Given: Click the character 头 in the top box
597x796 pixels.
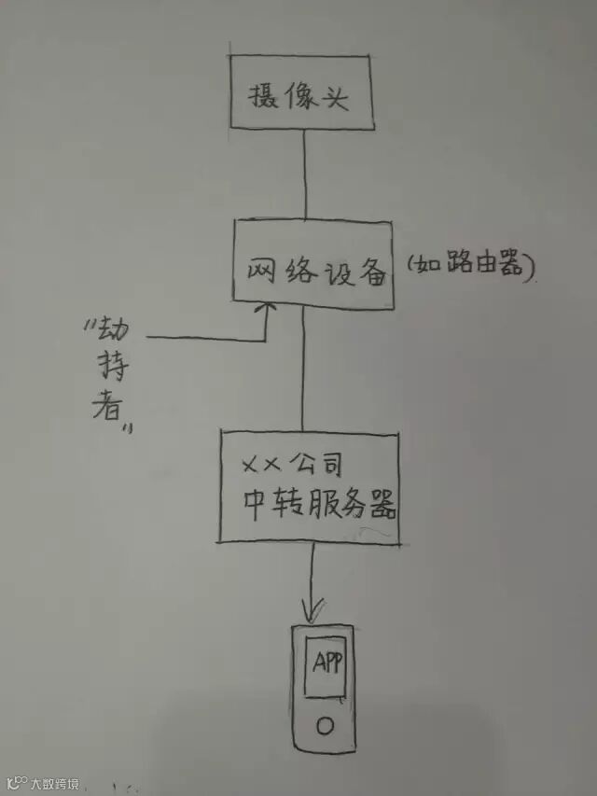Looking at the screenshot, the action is tap(337, 97).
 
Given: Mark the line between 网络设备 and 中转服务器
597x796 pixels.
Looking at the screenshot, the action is tap(302, 369).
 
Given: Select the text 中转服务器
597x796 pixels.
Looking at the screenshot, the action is tap(317, 507).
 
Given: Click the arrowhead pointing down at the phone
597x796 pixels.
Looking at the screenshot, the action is tap(314, 611).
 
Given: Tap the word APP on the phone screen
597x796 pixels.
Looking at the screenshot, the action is tap(326, 663).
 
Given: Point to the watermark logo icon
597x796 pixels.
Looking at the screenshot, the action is tap(15, 782).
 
